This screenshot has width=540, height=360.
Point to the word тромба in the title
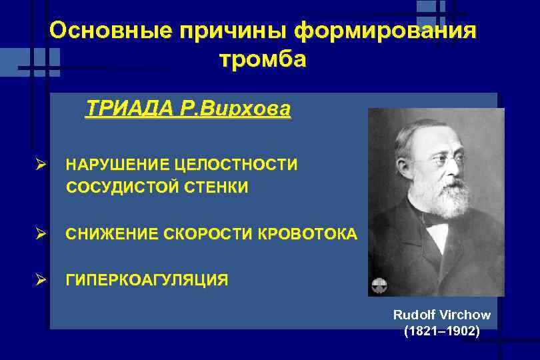[x=263, y=60]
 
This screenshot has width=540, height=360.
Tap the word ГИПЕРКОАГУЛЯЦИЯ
[x=147, y=280]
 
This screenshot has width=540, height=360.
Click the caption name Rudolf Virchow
[x=441, y=315]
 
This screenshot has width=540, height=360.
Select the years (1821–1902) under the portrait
[x=441, y=331]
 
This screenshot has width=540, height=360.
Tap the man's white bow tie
[x=437, y=228]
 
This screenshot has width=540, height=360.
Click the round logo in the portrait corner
[x=378, y=285]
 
